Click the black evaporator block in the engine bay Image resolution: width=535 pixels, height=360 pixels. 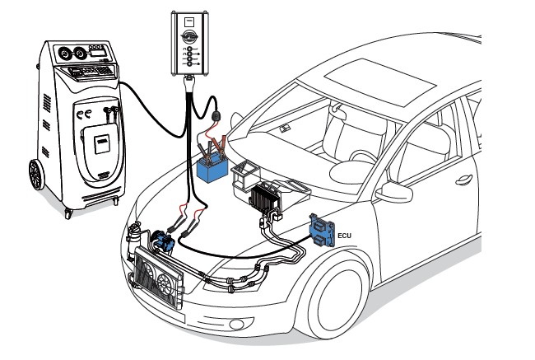(266, 199)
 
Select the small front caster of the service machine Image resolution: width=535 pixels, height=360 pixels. (68, 213)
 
